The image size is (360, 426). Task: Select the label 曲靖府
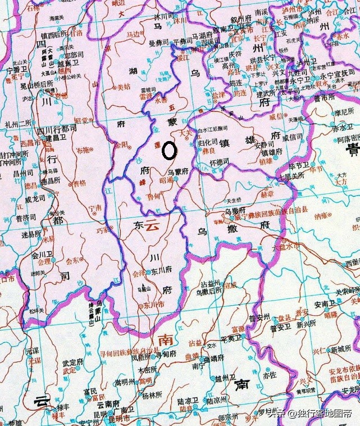tap(213, 357)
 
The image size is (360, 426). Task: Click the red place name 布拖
tap(83, 151)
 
